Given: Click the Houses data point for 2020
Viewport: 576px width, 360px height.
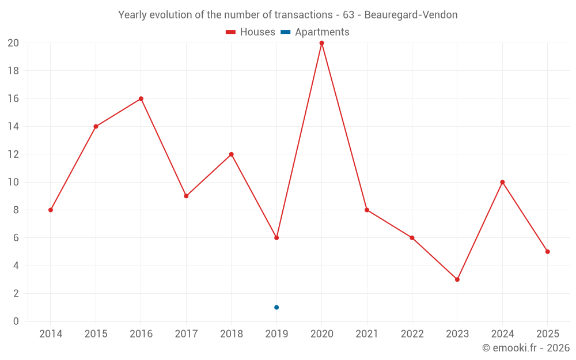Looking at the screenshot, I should click(321, 43).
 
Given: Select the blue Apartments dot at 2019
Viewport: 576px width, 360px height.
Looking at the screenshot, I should click(276, 308).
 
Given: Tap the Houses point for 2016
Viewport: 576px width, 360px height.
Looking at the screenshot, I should click(141, 98).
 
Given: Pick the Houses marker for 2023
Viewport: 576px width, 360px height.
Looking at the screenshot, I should click(457, 279).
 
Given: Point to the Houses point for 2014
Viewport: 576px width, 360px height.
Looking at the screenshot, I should click(51, 210).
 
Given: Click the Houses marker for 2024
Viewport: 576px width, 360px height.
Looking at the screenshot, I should click(502, 182).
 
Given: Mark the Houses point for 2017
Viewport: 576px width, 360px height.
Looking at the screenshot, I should click(186, 196).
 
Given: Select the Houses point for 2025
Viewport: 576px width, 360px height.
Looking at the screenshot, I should click(547, 252).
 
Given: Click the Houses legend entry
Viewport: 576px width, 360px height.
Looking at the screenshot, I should click(251, 32).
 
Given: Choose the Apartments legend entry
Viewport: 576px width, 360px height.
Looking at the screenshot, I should click(316, 32).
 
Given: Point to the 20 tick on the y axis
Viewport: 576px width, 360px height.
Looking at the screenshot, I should click(13, 43).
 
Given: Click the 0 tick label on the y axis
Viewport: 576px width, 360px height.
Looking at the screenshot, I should click(16, 321).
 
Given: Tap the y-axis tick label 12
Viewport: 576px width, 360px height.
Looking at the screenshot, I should click(13, 154).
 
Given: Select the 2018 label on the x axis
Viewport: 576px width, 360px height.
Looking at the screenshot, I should click(232, 334).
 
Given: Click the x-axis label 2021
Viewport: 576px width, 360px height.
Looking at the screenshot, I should click(367, 334).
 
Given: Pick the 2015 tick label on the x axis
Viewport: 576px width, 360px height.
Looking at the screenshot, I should click(96, 334).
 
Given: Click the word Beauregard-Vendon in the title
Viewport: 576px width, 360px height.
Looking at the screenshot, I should click(411, 15).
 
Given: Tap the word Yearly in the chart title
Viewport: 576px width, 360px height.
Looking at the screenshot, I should click(133, 15).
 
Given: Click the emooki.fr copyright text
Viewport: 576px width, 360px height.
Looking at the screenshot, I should click(526, 348).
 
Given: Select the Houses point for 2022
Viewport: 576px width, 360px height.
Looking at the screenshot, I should click(412, 238).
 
